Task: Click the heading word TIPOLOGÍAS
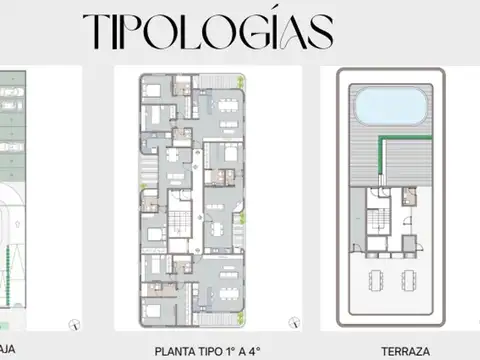coord(208,31)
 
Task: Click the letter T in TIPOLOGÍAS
coord(98,31)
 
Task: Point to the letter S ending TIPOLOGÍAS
coord(317,31)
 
